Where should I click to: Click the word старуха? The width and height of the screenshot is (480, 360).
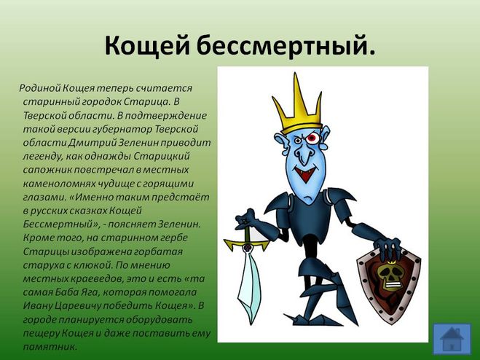(47, 265)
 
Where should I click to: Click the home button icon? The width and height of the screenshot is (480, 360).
(452, 339)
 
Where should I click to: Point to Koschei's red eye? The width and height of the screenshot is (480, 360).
(311, 138)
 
